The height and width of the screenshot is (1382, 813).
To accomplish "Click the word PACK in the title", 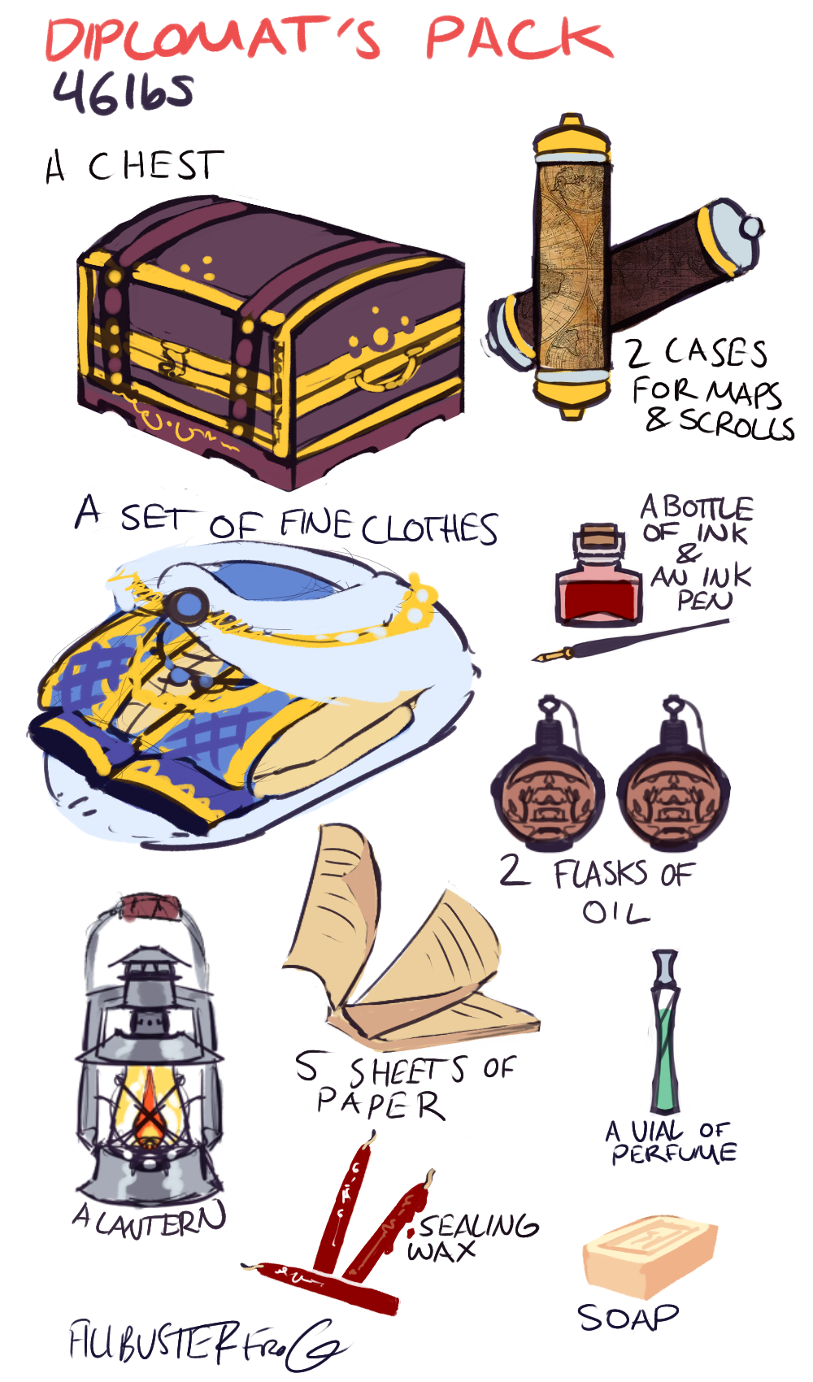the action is pyautogui.click(x=520, y=38).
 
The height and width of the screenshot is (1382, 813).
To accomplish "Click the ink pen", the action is pyautogui.click(x=630, y=640).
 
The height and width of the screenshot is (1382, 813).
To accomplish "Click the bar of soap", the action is pyautogui.click(x=649, y=1253).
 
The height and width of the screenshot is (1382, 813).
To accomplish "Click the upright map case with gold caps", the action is pyautogui.click(x=572, y=267).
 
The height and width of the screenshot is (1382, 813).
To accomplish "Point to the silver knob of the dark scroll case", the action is pyautogui.click(x=751, y=228).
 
